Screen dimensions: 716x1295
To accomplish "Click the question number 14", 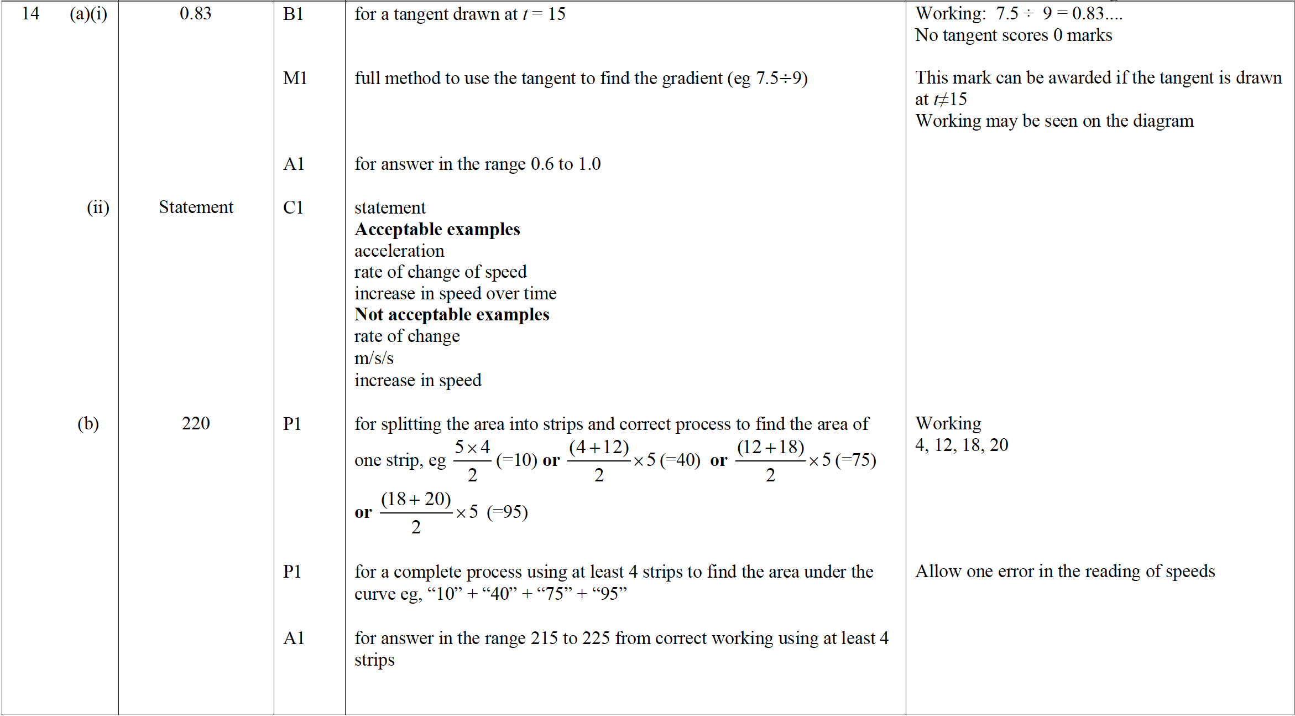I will pyautogui.click(x=30, y=13).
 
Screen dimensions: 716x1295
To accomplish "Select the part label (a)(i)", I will pyautogui.click(x=88, y=13).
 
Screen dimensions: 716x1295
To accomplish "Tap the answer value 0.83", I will pyautogui.click(x=195, y=13).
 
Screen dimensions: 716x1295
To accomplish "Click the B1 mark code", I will pyautogui.click(x=293, y=14).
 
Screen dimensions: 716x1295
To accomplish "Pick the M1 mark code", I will pyautogui.click(x=295, y=78).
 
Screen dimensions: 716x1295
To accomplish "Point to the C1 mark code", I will pyautogui.click(x=293, y=207).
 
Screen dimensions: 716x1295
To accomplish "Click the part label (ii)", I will pyautogui.click(x=98, y=207).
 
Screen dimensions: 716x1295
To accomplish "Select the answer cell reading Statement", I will pyautogui.click(x=196, y=207).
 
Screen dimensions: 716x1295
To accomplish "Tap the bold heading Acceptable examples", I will pyautogui.click(x=437, y=229).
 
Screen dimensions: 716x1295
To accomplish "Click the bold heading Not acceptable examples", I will pyautogui.click(x=452, y=314).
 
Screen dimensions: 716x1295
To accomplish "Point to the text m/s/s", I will pyautogui.click(x=374, y=358).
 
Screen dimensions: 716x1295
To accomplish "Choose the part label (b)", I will pyautogui.click(x=88, y=423).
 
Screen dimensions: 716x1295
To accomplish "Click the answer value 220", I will pyautogui.click(x=196, y=423).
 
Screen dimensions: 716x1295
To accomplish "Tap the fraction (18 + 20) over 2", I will pyautogui.click(x=416, y=512).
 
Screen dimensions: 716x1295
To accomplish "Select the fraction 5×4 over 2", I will pyautogui.click(x=472, y=460).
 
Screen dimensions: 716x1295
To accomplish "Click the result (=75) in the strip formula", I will pyautogui.click(x=855, y=460).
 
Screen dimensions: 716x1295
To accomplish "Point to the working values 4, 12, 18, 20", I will pyautogui.click(x=962, y=445).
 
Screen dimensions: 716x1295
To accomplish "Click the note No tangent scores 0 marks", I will pyautogui.click(x=1013, y=35).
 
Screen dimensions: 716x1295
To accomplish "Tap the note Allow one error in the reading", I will pyautogui.click(x=1065, y=571).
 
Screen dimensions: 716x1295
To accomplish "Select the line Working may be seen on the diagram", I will pyautogui.click(x=1054, y=121).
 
